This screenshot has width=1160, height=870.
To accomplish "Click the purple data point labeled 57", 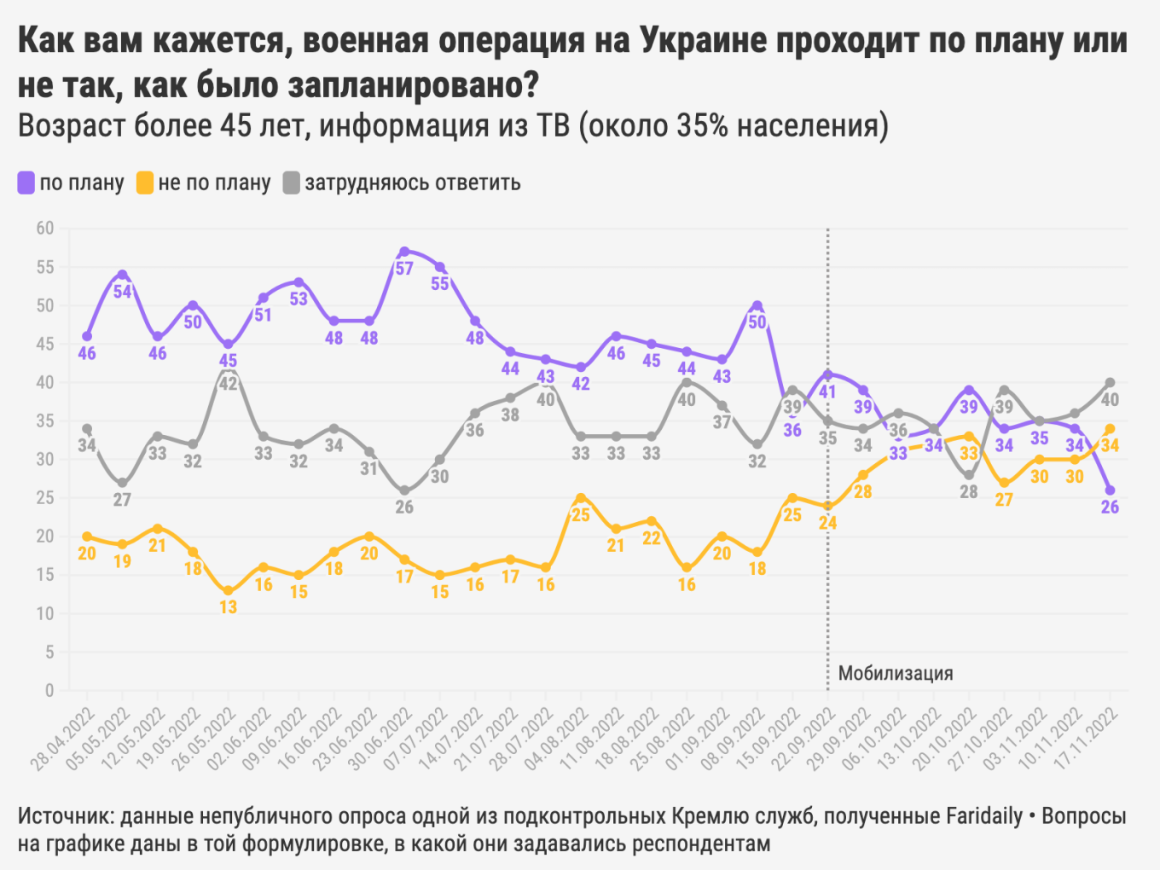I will pyautogui.click(x=404, y=252).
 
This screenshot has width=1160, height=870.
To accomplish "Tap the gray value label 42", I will pyautogui.click(x=228, y=384).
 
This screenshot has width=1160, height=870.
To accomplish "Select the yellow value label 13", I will pyautogui.click(x=228, y=607).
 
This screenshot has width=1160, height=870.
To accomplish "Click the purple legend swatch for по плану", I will pyautogui.click(x=26, y=183).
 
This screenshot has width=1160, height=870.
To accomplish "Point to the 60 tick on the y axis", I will pyautogui.click(x=44, y=228).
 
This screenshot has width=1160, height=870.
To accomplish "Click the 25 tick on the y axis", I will pyautogui.click(x=44, y=497).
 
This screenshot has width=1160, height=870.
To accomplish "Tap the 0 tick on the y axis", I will pyautogui.click(x=49, y=690).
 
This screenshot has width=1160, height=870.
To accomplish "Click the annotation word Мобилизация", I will pyautogui.click(x=896, y=673).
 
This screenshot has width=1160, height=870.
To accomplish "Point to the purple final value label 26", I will pyautogui.click(x=1110, y=507).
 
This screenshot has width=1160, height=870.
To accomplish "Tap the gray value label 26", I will pyautogui.click(x=404, y=507).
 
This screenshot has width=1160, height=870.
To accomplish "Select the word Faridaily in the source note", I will pyautogui.click(x=984, y=816).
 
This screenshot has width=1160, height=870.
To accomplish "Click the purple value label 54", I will pyautogui.click(x=123, y=292).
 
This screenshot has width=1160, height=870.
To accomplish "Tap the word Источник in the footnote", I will pyautogui.click(x=64, y=816).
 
